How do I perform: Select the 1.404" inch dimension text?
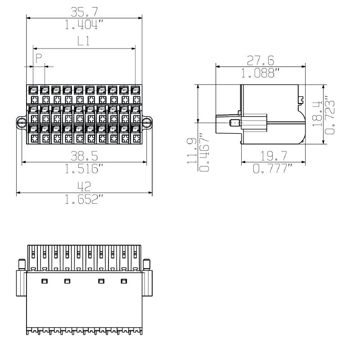(84, 25)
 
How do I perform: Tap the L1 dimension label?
(84, 41)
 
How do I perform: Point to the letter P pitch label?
(39, 58)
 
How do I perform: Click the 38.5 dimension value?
(85, 156)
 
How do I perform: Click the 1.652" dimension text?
(84, 199)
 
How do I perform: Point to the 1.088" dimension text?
(261, 73)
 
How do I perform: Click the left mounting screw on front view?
(21, 122)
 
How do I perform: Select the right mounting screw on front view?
(147, 122)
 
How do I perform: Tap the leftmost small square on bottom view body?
(44, 281)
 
